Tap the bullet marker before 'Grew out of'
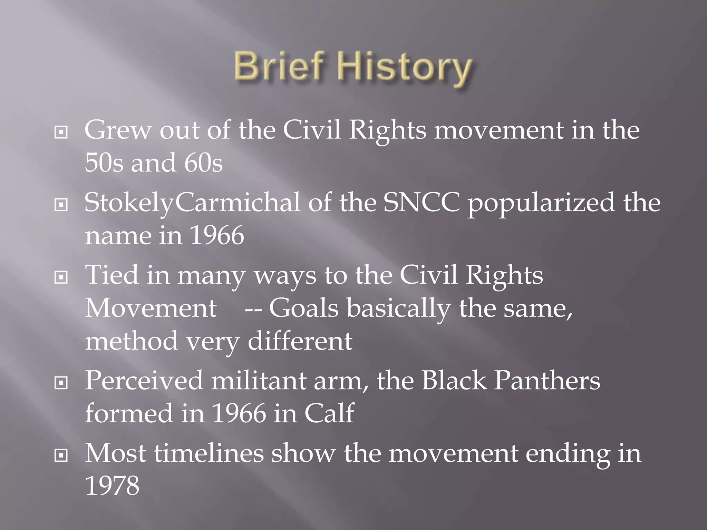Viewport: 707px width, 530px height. [x=61, y=132]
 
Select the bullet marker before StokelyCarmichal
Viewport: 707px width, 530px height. [x=61, y=205]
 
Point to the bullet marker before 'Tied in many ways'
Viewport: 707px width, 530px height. [x=61, y=277]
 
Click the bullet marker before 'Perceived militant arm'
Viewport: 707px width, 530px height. [x=61, y=383]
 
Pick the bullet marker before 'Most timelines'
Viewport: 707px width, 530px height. [x=61, y=456]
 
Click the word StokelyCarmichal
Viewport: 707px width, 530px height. [x=192, y=203]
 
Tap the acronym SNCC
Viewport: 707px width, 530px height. [x=421, y=203]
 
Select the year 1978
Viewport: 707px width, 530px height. [x=112, y=486]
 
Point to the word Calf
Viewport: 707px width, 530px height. [x=329, y=413]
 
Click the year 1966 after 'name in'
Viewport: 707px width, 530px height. [x=217, y=236]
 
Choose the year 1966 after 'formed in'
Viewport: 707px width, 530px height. [x=239, y=413]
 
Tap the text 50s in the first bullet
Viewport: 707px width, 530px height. [x=104, y=163]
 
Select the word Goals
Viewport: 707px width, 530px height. [x=304, y=308]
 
